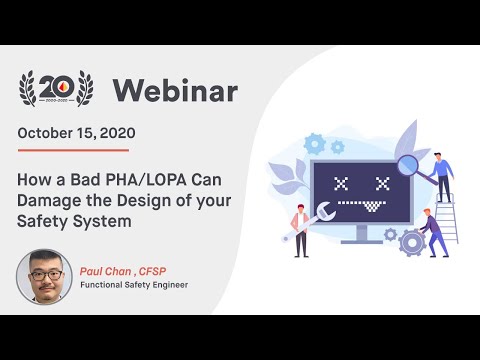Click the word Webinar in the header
point(175,91)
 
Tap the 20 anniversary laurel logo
point(59,88)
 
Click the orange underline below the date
point(73,150)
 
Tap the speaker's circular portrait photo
point(43,276)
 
